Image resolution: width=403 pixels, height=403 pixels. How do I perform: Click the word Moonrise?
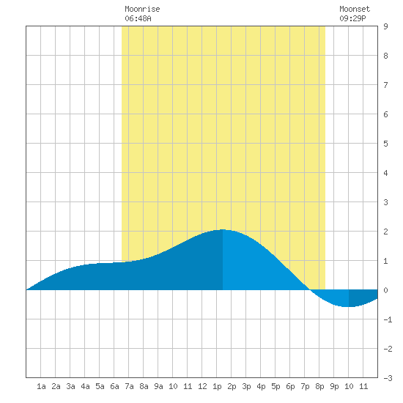(142, 9)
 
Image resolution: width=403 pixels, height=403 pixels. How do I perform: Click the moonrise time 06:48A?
(138, 18)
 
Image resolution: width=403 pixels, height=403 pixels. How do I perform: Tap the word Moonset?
(355, 9)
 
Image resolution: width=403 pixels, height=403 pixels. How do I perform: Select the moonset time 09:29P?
(352, 18)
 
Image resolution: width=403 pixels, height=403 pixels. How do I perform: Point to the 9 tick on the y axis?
(385, 26)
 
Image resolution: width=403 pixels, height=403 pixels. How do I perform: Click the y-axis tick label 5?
(385, 144)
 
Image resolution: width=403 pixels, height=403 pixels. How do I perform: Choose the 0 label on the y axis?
(385, 290)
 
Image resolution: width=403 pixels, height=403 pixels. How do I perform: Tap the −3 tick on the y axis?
(388, 378)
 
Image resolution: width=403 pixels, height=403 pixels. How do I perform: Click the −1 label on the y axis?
(388, 319)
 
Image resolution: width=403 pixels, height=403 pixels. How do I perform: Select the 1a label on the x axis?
(41, 386)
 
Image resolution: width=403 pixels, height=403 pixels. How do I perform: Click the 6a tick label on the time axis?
(114, 386)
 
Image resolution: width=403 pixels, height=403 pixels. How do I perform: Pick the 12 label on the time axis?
(202, 386)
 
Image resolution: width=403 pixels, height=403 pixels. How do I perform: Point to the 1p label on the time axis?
(217, 386)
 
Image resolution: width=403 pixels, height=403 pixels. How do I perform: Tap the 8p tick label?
(319, 386)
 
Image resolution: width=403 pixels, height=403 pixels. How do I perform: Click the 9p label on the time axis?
(334, 386)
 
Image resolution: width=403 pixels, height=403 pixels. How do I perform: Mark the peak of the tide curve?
(223, 229)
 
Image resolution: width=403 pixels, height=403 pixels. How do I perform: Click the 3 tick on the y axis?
(385, 202)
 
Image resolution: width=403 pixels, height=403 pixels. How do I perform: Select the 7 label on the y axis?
(385, 85)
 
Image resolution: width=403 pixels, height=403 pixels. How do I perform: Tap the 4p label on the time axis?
(261, 386)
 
